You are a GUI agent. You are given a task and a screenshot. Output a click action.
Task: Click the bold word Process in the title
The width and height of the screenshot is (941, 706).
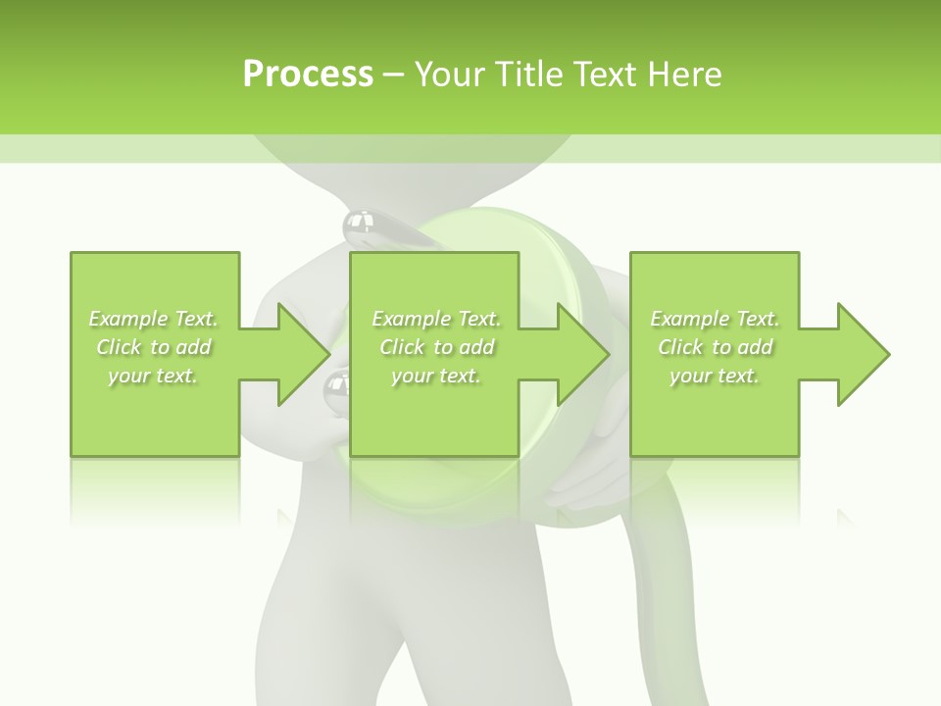pos(308,74)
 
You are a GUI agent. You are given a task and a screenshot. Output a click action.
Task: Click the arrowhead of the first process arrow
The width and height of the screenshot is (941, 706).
pos(304,354)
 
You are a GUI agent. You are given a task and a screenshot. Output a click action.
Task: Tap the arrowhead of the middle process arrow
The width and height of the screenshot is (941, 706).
pos(584,354)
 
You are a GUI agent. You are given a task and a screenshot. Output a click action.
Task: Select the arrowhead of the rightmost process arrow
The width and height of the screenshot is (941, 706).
pos(864,354)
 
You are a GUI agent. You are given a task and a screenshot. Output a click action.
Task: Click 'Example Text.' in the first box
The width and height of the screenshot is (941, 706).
pos(153,319)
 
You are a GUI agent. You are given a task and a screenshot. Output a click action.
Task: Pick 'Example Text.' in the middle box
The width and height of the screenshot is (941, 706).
pos(435,319)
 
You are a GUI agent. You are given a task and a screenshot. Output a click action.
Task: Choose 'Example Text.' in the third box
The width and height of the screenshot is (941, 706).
pos(715,319)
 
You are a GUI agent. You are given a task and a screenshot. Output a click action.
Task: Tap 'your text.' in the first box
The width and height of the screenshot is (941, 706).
pos(153,376)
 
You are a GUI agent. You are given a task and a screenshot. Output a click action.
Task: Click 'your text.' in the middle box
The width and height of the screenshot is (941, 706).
pos(435,376)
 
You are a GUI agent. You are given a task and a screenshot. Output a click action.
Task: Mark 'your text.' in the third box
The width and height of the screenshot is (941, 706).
pos(715,376)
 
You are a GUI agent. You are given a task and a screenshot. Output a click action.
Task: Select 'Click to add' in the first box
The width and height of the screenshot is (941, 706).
pos(153,347)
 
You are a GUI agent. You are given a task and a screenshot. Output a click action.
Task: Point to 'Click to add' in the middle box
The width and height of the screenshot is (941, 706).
pos(435,347)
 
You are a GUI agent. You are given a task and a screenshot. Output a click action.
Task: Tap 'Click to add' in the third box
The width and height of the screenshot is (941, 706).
pos(715,347)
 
